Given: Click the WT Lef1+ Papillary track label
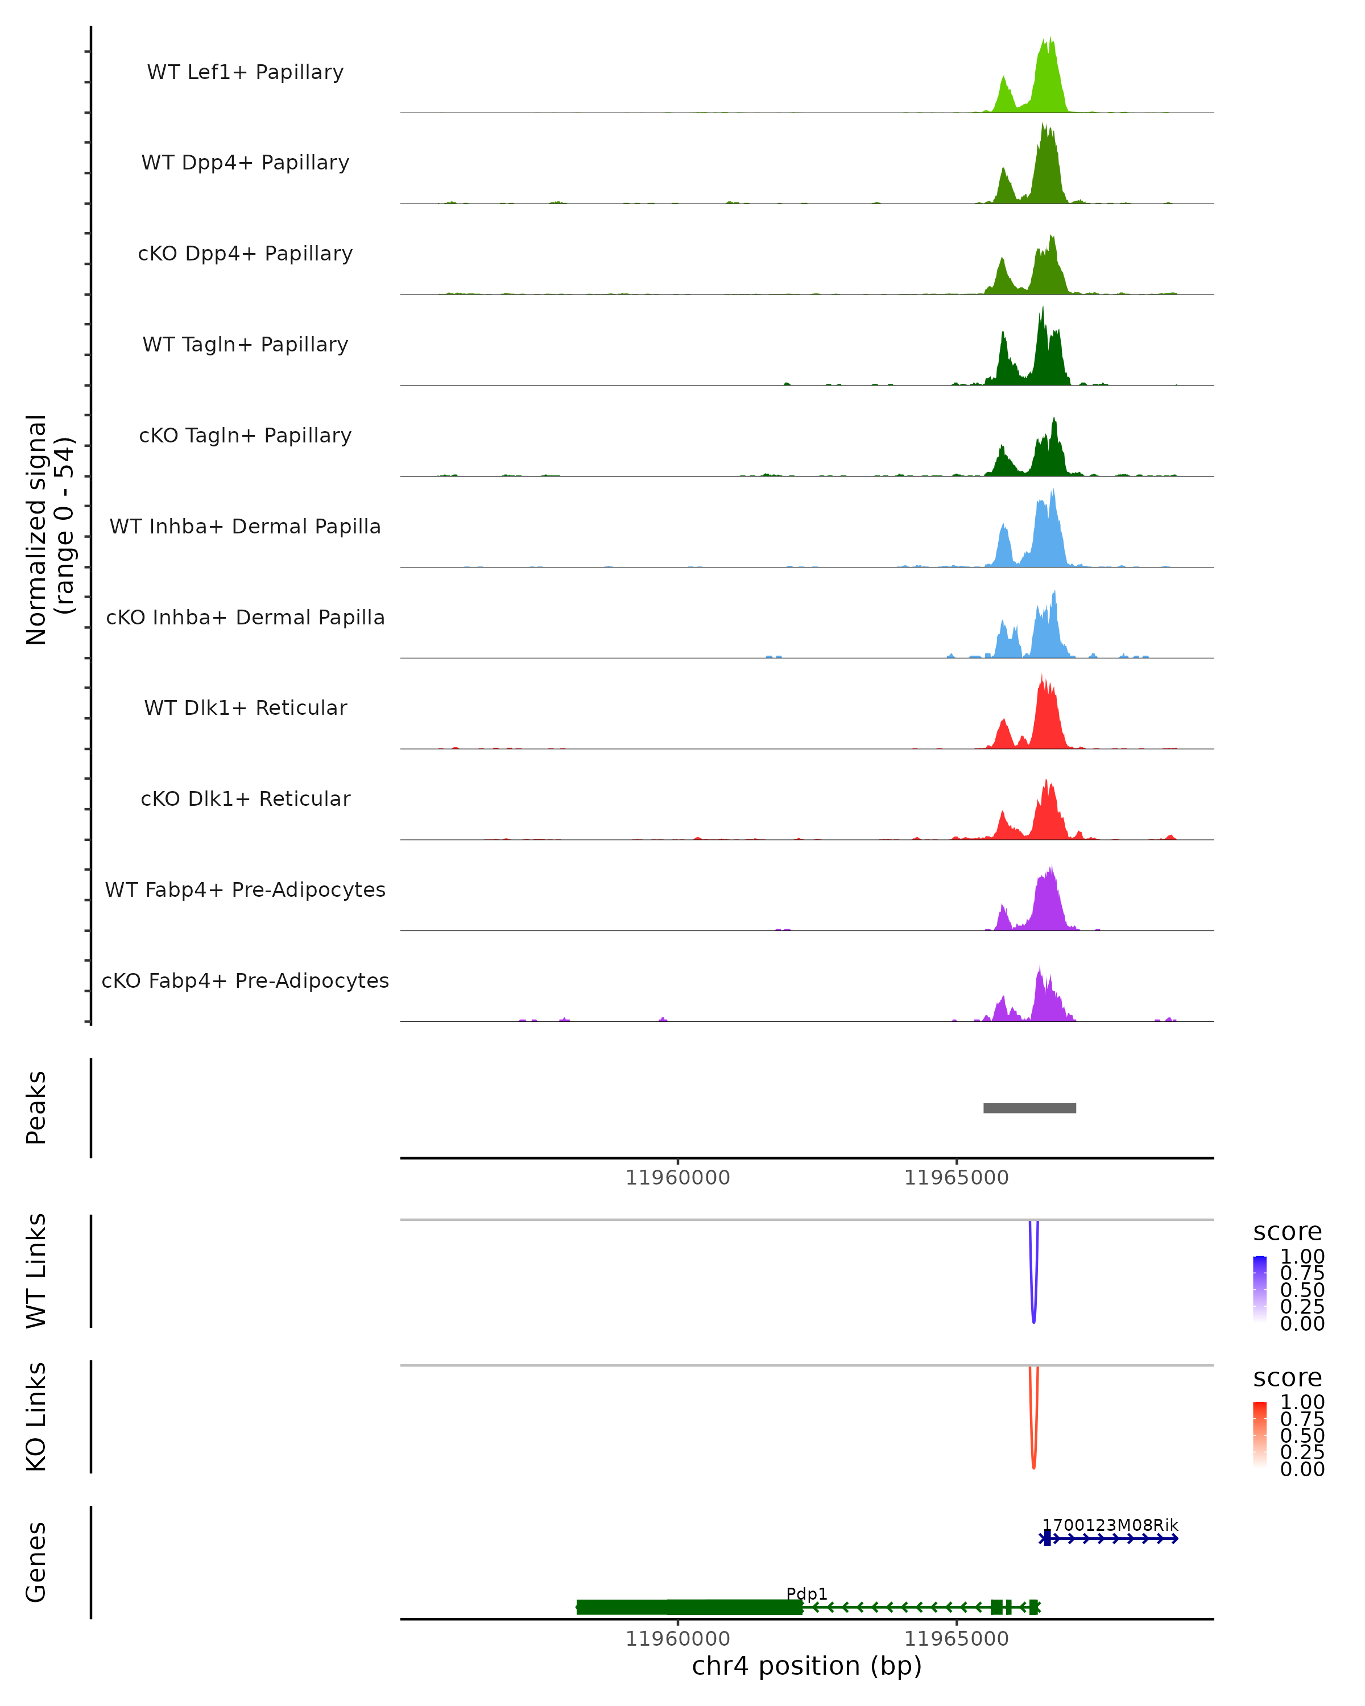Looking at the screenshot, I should click(245, 72).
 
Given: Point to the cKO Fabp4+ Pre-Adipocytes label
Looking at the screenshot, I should click(245, 980).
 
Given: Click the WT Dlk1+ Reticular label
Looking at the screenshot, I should click(245, 707).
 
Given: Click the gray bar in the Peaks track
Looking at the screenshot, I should click(1029, 1108).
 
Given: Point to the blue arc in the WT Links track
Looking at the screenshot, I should click(1033, 1314).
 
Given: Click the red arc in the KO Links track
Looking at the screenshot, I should click(1033, 1460).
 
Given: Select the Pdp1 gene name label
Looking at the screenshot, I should click(806, 1593).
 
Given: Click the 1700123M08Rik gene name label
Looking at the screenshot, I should click(1110, 1525).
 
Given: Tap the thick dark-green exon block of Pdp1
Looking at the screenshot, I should click(688, 1607).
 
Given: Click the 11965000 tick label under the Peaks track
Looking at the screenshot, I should click(956, 1178).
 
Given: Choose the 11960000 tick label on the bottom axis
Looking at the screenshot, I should click(677, 1639).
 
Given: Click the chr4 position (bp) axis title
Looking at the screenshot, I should click(806, 1666).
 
